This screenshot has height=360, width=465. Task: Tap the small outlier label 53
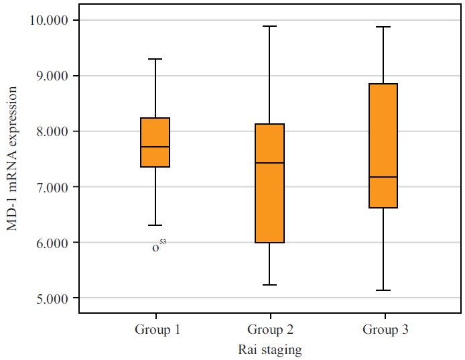[x=163, y=243]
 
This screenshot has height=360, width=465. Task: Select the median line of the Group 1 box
[x=155, y=147]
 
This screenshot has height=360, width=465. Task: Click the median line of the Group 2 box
[x=269, y=163]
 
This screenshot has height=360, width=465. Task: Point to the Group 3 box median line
[x=383, y=177]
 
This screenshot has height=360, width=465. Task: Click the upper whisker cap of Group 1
[x=155, y=59]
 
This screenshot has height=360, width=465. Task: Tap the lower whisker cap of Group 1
[x=155, y=225]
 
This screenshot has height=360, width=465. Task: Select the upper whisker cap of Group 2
[x=269, y=26]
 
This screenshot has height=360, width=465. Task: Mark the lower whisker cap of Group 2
[x=269, y=285]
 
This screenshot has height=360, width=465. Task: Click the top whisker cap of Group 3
[x=383, y=27]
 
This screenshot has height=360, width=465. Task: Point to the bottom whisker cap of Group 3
[x=383, y=290]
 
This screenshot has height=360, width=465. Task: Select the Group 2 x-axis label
[x=270, y=330]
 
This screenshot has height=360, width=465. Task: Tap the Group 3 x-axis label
[x=385, y=330]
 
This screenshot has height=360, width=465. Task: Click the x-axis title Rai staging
[x=269, y=350]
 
